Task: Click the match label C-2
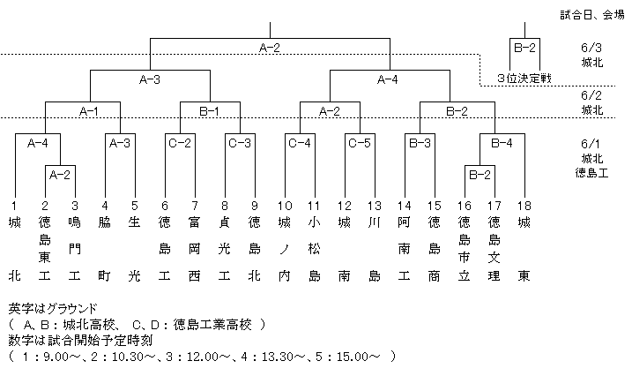[x=180, y=143]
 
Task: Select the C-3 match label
[x=240, y=143]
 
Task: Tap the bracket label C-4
[x=300, y=143]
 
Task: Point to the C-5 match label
[x=360, y=143]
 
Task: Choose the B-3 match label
[x=420, y=143]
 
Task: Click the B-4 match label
[x=502, y=143]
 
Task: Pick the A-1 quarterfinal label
[x=89, y=111]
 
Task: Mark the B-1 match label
[x=210, y=111]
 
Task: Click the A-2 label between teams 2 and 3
[x=60, y=175]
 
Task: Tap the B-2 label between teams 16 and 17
[x=480, y=175]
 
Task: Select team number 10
[x=285, y=207]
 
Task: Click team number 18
[x=524, y=207]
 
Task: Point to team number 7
[x=195, y=207]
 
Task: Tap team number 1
[x=14, y=207]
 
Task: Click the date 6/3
[x=591, y=48]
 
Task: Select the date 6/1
[x=591, y=144]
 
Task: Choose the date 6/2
[x=591, y=95]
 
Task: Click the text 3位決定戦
[x=524, y=79]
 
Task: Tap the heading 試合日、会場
[x=592, y=15]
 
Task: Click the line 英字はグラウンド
[x=53, y=309]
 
